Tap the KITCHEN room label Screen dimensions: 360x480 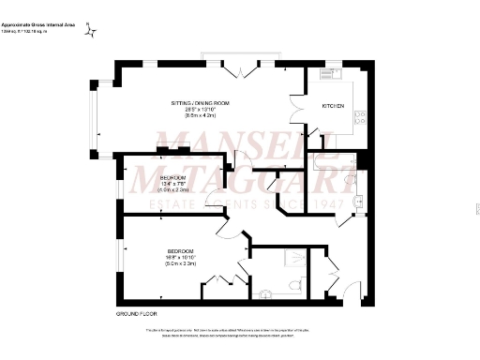click(333, 107)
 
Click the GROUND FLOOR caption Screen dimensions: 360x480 click(135, 311)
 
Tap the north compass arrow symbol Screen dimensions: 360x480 click(91, 32)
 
